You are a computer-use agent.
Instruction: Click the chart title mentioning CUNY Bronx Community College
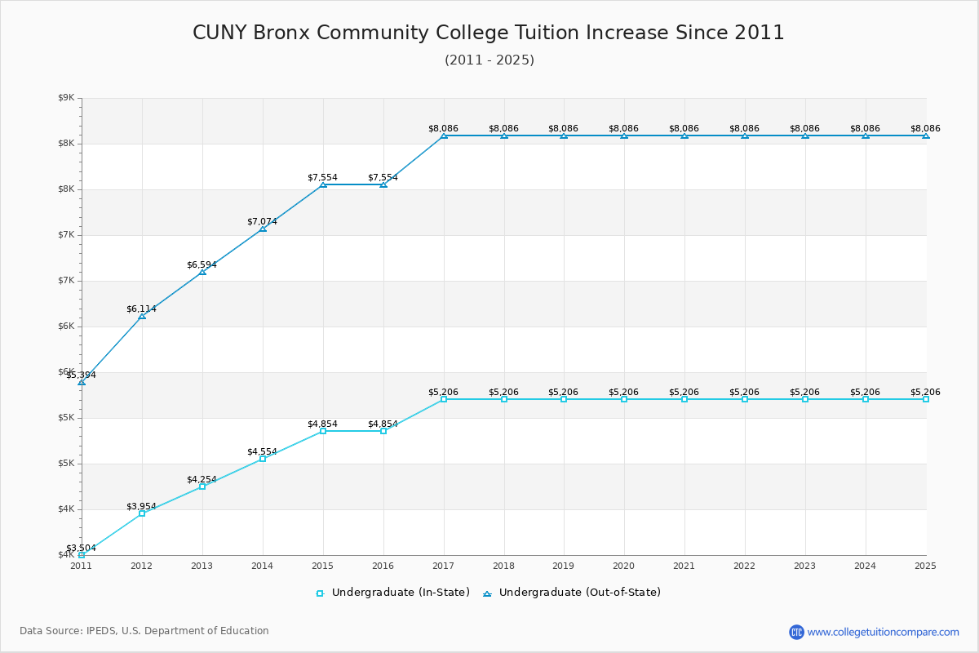coord(488,33)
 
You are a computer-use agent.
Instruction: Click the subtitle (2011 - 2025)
coord(489,60)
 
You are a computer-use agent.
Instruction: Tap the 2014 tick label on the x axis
coord(262,566)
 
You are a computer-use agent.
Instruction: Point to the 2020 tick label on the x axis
coord(623,566)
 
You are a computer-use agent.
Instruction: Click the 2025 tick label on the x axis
coord(925,566)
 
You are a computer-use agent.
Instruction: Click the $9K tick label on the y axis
coord(66,98)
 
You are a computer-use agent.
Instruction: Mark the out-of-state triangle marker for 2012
coord(142,316)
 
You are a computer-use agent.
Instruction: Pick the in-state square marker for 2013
coord(202,486)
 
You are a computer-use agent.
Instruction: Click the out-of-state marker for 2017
coord(444,135)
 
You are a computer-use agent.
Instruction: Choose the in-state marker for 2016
coord(383,431)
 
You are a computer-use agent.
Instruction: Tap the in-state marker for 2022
coord(745,399)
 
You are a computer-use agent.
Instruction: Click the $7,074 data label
coord(262,221)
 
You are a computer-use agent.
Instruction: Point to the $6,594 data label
coord(202,264)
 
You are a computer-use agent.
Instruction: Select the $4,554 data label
coord(262,451)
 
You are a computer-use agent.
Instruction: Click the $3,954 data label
coord(141,506)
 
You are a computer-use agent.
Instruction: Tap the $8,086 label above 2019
coord(563,128)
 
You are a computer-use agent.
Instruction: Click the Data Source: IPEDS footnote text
coord(144,631)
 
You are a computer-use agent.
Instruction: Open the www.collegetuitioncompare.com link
coord(883,632)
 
